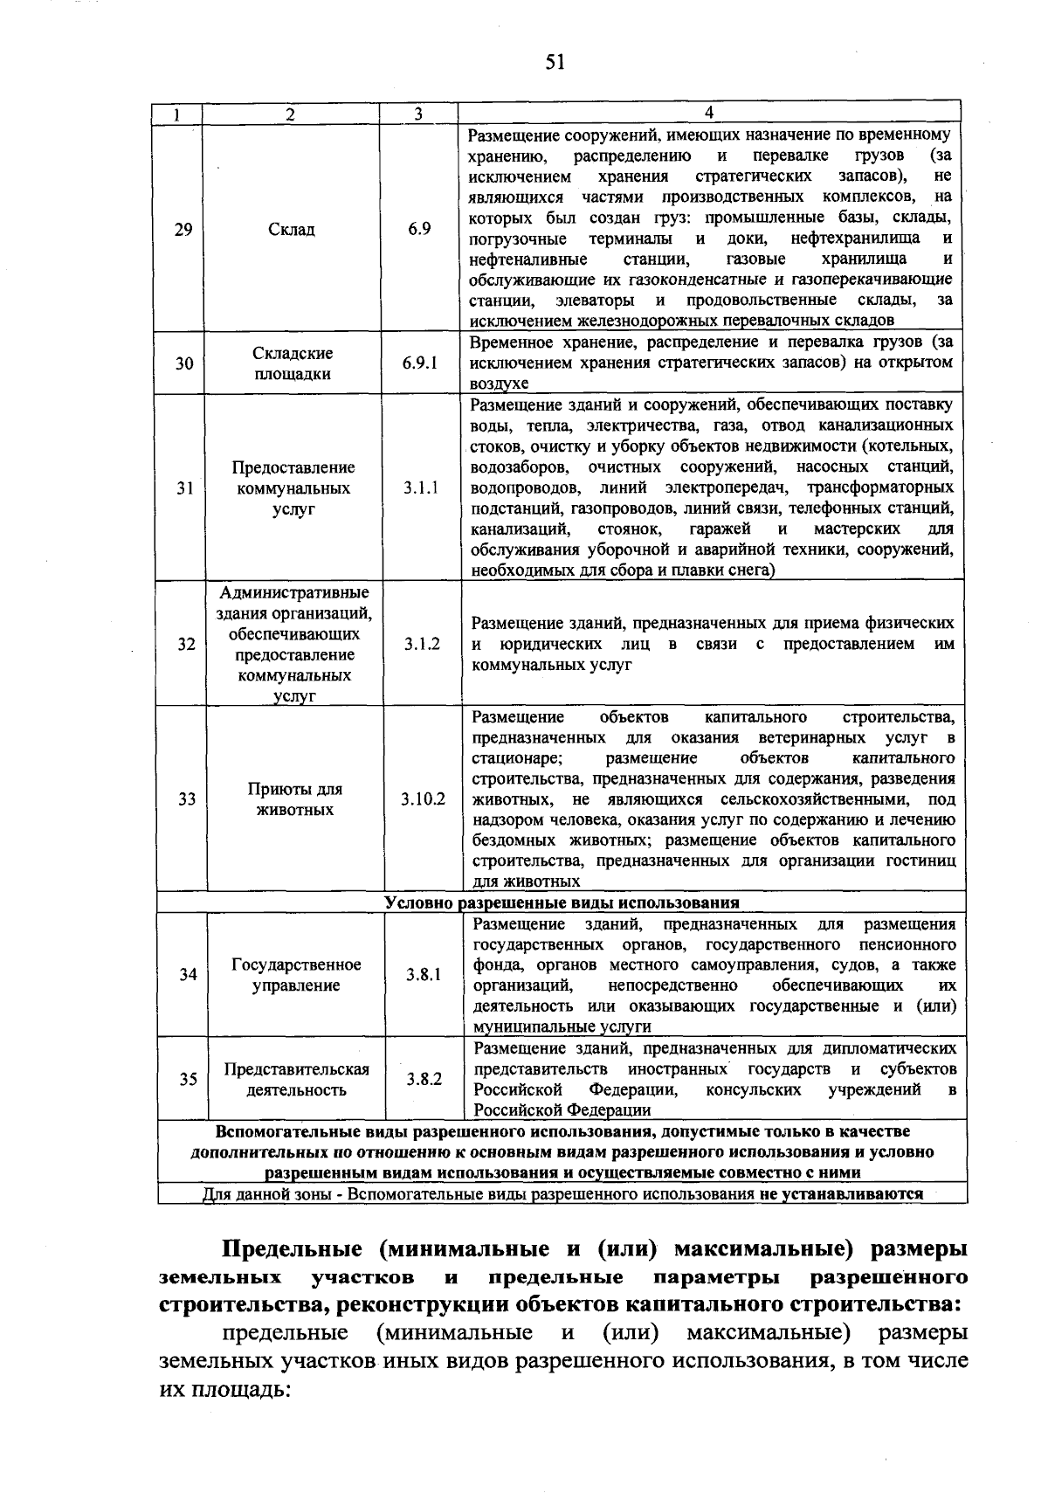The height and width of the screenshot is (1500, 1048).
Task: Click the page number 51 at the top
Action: pos(555,62)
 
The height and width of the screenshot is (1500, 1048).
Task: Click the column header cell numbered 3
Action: pos(418,114)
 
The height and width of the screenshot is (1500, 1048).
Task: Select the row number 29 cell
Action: pos(183,230)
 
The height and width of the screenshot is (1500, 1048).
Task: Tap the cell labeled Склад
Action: pos(291,230)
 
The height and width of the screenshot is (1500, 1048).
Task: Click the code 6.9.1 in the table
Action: pos(420,363)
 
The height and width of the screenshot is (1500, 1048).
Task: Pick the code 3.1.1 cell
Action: pos(421,488)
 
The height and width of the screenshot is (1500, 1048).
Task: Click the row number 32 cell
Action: pos(186,644)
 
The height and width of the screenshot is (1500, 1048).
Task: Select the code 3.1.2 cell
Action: pos(422,644)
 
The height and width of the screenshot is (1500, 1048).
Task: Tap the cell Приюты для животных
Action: pos(294,799)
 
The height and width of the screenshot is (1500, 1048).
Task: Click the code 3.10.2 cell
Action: pos(423,799)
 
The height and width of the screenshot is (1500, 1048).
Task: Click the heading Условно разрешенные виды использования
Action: pos(562,902)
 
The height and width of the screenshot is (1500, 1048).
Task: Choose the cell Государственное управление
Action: pos(296,975)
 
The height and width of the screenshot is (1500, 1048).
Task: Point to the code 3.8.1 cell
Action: pos(424,975)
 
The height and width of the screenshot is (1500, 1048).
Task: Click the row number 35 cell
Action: pos(188,1079)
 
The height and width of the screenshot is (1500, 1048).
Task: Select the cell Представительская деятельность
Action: pos(296,1080)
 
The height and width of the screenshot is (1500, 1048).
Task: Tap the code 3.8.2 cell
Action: pos(424,1079)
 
